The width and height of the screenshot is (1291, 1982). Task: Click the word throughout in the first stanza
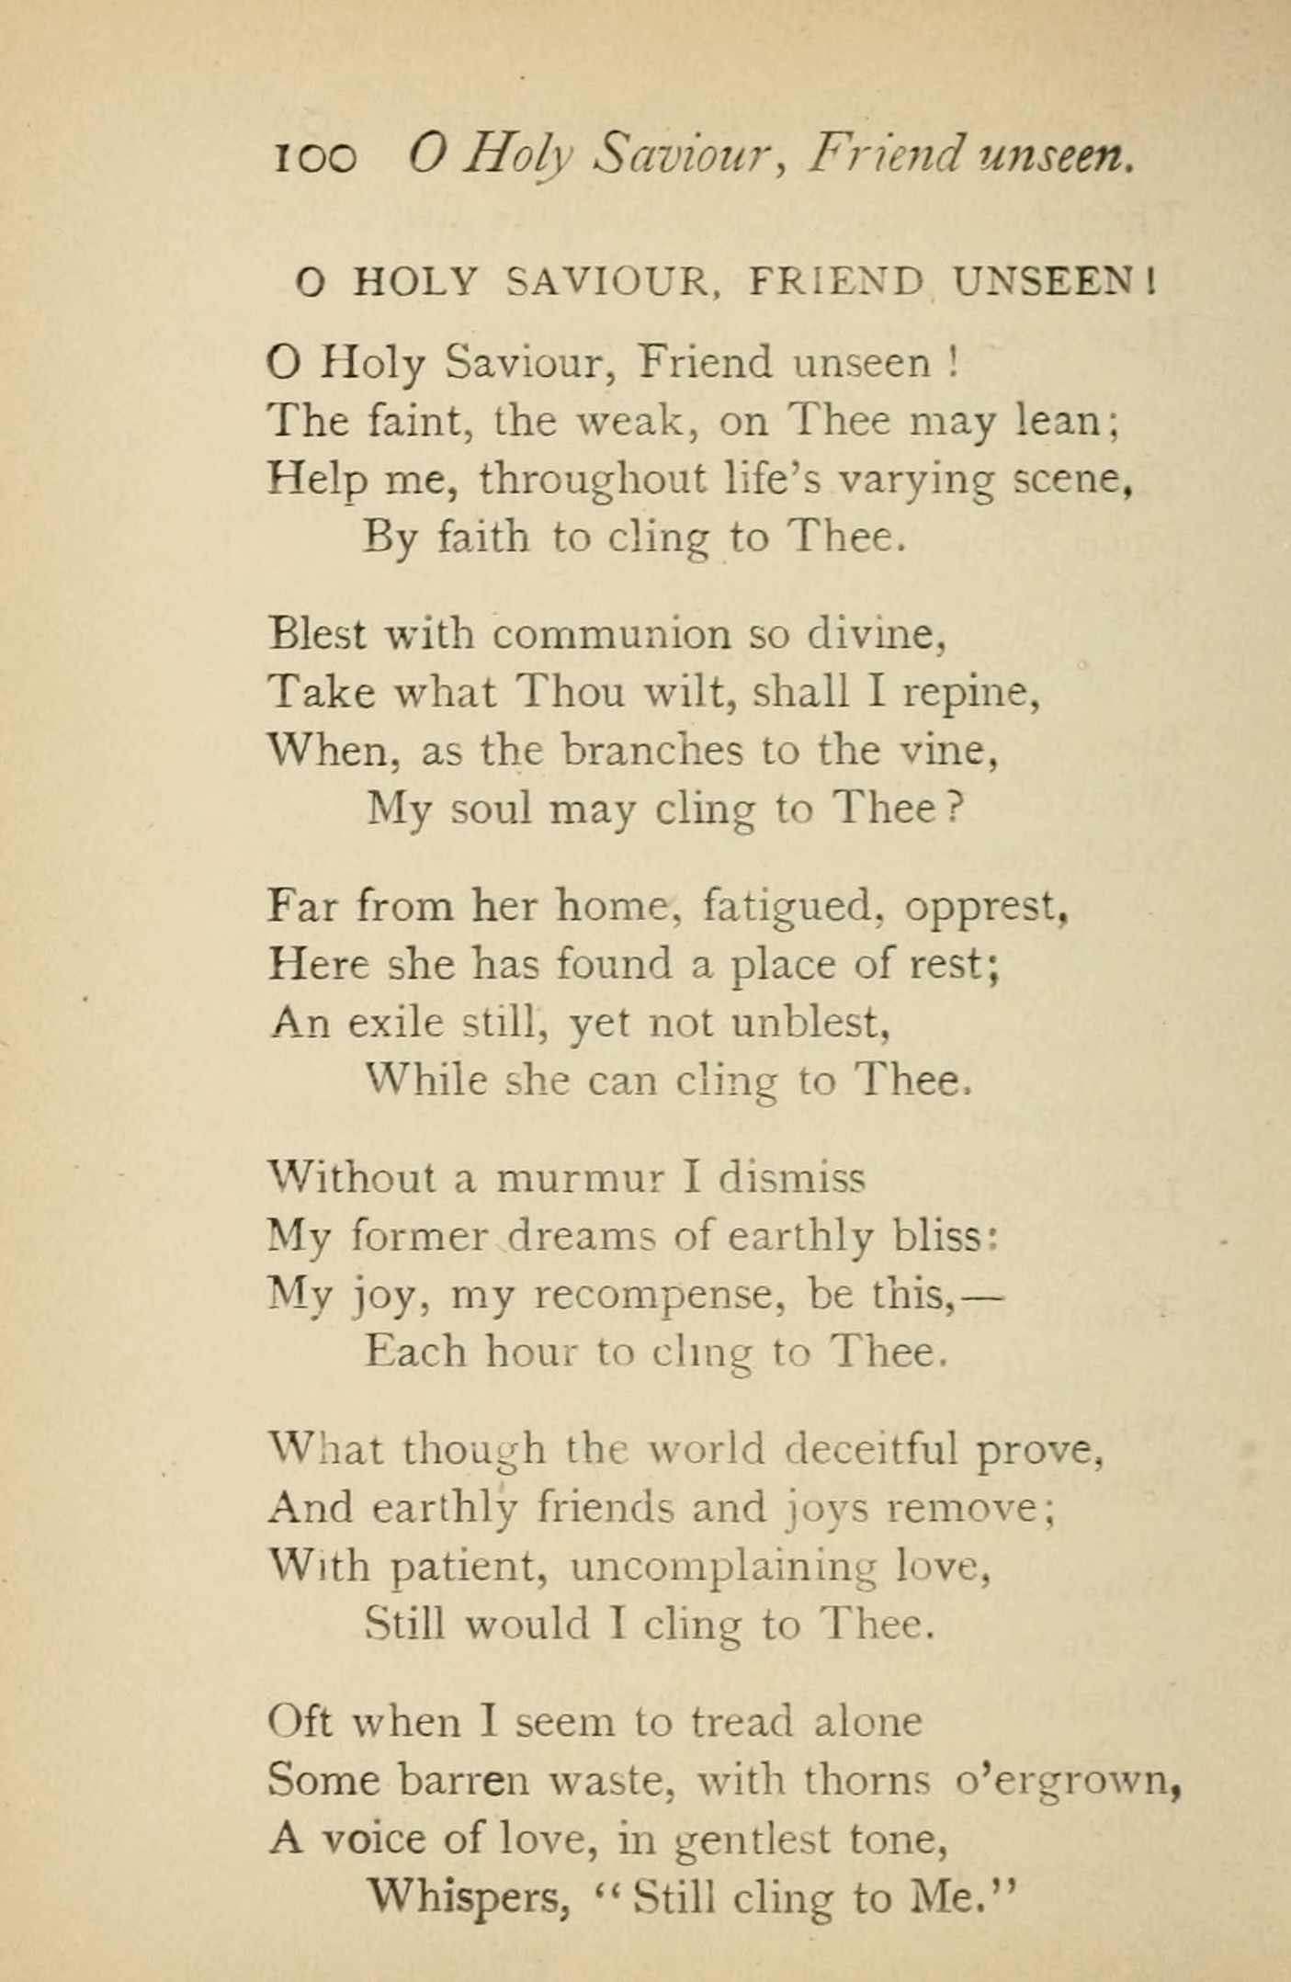pos(593,481)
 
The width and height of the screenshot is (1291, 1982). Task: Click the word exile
pos(395,1022)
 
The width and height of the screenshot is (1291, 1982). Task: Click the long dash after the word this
pos(979,1296)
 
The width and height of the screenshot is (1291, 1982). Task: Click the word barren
pos(463,1780)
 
